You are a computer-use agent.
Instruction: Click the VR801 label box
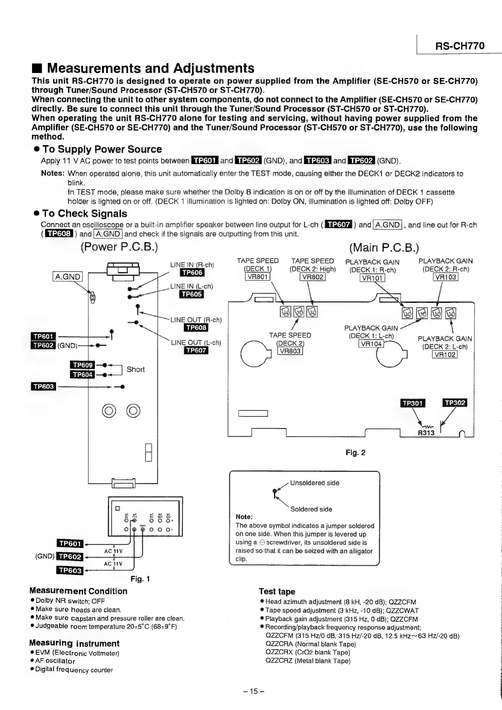[258, 277]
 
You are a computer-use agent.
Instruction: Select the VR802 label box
[312, 277]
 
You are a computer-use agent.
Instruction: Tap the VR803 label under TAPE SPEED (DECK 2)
[290, 351]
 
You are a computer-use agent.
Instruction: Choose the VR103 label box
[446, 277]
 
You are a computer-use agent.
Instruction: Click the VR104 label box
[371, 344]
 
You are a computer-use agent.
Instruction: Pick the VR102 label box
[445, 354]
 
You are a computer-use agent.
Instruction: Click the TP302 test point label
[455, 402]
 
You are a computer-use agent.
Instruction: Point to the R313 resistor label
[426, 433]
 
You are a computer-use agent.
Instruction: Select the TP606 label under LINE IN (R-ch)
[192, 273]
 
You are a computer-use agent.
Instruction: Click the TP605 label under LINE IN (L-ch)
[192, 294]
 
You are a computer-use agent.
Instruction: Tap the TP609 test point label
[82, 365]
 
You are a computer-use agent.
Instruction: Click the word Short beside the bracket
[135, 370]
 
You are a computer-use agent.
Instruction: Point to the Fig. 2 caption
[355, 453]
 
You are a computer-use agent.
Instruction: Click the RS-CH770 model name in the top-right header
[459, 46]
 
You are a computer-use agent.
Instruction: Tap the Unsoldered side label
[314, 483]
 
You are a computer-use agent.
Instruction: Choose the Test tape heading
[277, 591]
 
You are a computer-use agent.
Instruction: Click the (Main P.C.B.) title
[384, 247]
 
